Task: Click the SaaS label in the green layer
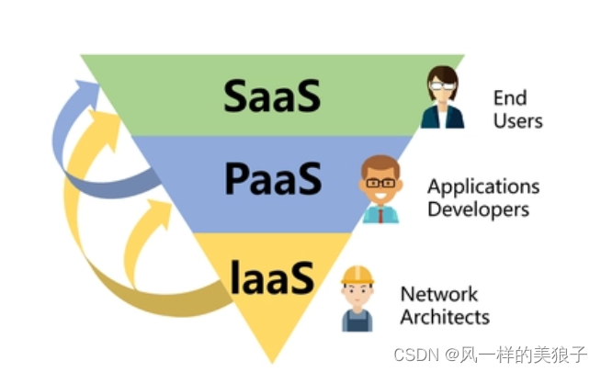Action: [272, 95]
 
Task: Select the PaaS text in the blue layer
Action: [273, 179]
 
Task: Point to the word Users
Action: [517, 120]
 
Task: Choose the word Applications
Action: [482, 187]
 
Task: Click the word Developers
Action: [478, 209]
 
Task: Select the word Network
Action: [439, 295]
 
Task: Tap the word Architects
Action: [445, 317]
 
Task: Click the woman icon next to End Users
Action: [442, 98]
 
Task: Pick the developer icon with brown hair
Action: [380, 188]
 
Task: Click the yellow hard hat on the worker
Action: [357, 275]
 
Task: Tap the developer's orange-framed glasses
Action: [380, 183]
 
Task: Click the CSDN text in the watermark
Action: [413, 354]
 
